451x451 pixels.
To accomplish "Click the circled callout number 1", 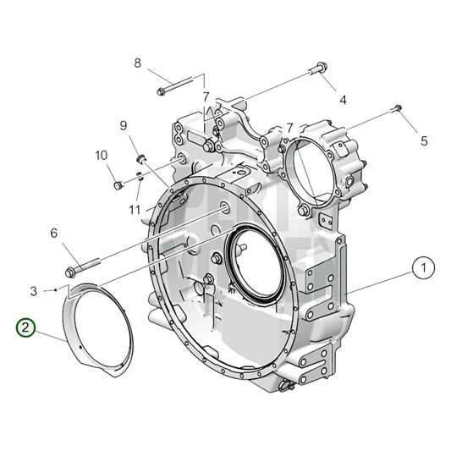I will (x=420, y=269).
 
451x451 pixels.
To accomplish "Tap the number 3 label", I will (x=33, y=291).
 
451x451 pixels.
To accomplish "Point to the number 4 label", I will (x=343, y=100).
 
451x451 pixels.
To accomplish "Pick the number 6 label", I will (x=53, y=233).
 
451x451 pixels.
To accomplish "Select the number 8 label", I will (x=138, y=63).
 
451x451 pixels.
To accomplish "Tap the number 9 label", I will (x=123, y=126).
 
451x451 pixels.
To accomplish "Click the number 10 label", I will (x=101, y=155).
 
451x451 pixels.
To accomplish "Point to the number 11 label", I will (x=135, y=209).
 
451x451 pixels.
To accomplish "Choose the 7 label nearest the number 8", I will (x=205, y=97).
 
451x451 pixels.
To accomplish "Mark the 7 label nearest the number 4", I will (x=289, y=128).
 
